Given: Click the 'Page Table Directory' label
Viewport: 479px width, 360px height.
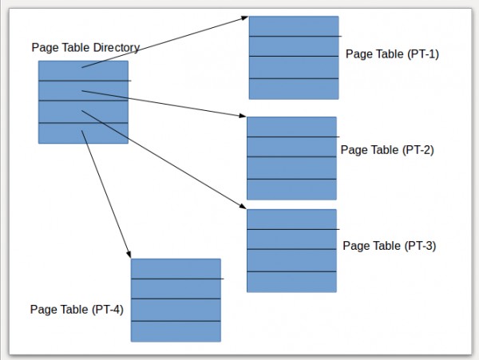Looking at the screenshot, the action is coord(85,48).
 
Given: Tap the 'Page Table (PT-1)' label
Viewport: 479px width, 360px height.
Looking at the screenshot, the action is coord(392,54).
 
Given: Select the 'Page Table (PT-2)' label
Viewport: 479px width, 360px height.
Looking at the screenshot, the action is coord(387,150).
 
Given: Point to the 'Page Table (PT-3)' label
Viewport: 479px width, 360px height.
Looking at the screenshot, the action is coord(390,246).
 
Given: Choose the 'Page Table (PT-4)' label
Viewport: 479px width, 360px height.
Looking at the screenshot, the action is coord(77,310).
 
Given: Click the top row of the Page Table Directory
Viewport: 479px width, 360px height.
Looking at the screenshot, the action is coord(83,70).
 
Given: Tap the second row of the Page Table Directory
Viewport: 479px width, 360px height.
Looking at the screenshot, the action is coord(83,91).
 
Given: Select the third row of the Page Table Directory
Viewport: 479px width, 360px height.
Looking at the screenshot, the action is coord(83,112).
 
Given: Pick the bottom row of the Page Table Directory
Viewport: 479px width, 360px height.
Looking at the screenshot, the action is coord(83,133).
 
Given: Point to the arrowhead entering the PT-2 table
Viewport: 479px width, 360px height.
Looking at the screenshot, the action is coord(243,116).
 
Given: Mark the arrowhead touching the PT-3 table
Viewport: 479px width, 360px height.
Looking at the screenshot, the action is coord(243,206).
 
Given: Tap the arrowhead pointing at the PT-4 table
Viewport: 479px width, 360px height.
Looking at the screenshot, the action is coord(129,254).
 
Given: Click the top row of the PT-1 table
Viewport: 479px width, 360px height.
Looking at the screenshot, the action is coord(294,26).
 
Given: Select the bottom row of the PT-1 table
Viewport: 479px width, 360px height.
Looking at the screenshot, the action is coord(294,89).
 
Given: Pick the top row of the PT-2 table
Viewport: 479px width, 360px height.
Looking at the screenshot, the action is coord(291,127).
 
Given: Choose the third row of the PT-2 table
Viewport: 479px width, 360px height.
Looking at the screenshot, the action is coord(291,168).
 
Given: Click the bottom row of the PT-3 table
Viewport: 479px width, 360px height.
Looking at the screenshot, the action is coord(291,282).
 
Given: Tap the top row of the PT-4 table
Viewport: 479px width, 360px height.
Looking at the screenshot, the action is coord(176,269).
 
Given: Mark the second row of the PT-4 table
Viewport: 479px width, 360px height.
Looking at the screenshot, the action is coord(176,289).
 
